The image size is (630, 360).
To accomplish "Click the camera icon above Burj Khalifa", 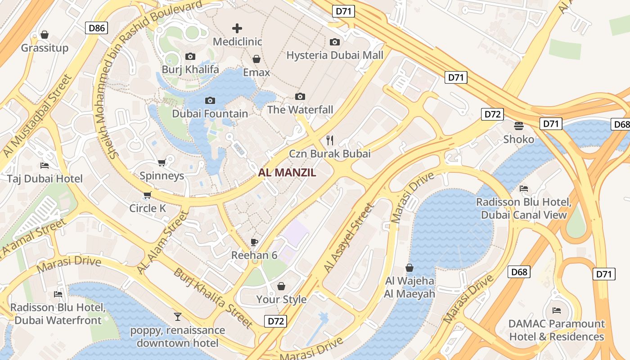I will click(190, 56).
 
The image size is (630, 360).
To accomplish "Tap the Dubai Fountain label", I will click(210, 113).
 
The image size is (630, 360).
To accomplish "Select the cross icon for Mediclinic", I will click(237, 28).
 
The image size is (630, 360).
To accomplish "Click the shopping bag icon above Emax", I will click(256, 59).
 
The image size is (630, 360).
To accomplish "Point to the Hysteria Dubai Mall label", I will click(335, 55).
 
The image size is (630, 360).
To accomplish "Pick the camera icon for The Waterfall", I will click(300, 96).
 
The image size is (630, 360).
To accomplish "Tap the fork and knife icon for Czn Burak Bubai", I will click(330, 140).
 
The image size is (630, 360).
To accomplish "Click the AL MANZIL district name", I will click(287, 172).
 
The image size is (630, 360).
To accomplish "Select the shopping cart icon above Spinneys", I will click(162, 162).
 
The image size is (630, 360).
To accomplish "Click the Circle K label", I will click(148, 208).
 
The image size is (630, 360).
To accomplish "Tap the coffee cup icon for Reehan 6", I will click(254, 242).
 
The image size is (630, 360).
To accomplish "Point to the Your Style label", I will click(281, 299).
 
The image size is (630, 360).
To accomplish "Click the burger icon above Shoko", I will click(519, 126).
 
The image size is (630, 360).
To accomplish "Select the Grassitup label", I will click(45, 48).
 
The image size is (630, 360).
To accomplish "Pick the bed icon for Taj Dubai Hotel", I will click(45, 166).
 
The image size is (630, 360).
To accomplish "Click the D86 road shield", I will click(96, 28).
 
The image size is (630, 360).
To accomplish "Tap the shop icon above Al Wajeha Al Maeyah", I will click(409, 268).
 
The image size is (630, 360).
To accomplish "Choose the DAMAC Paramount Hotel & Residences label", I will click(556, 330).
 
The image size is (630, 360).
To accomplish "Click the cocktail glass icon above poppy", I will click(178, 317).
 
